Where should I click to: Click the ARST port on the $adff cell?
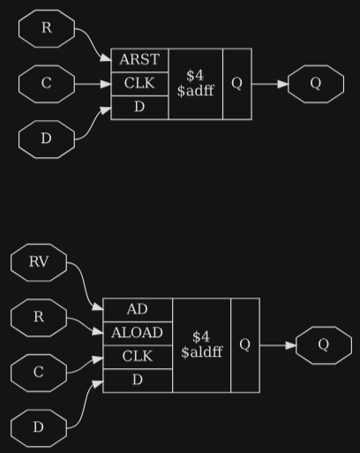pyautogui.click(x=139, y=60)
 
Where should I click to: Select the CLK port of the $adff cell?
pyautogui.click(x=139, y=84)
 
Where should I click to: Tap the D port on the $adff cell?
pyautogui.click(x=139, y=108)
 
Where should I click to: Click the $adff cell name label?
pyautogui.click(x=196, y=83)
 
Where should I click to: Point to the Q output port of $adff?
pyautogui.click(x=237, y=84)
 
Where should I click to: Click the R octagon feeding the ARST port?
pyautogui.click(x=47, y=28)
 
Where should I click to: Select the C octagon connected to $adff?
pyautogui.click(x=47, y=84)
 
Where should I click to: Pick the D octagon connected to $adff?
pyautogui.click(x=47, y=140)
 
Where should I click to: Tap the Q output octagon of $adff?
pyautogui.click(x=316, y=84)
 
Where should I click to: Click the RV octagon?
pyautogui.click(x=39, y=262)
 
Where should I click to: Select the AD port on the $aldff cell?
pyautogui.click(x=138, y=310)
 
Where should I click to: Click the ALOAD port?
pyautogui.click(x=138, y=333)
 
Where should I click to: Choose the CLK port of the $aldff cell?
pyautogui.click(x=138, y=357)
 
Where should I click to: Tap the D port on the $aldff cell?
pyautogui.click(x=138, y=381)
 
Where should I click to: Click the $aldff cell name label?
pyautogui.click(x=202, y=344)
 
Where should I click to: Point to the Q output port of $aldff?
pyautogui.click(x=245, y=345)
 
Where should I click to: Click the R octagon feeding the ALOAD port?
pyautogui.click(x=39, y=318)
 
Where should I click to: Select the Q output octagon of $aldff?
pyautogui.click(x=324, y=345)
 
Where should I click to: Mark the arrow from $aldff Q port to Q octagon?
pyautogui.click(x=278, y=345)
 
